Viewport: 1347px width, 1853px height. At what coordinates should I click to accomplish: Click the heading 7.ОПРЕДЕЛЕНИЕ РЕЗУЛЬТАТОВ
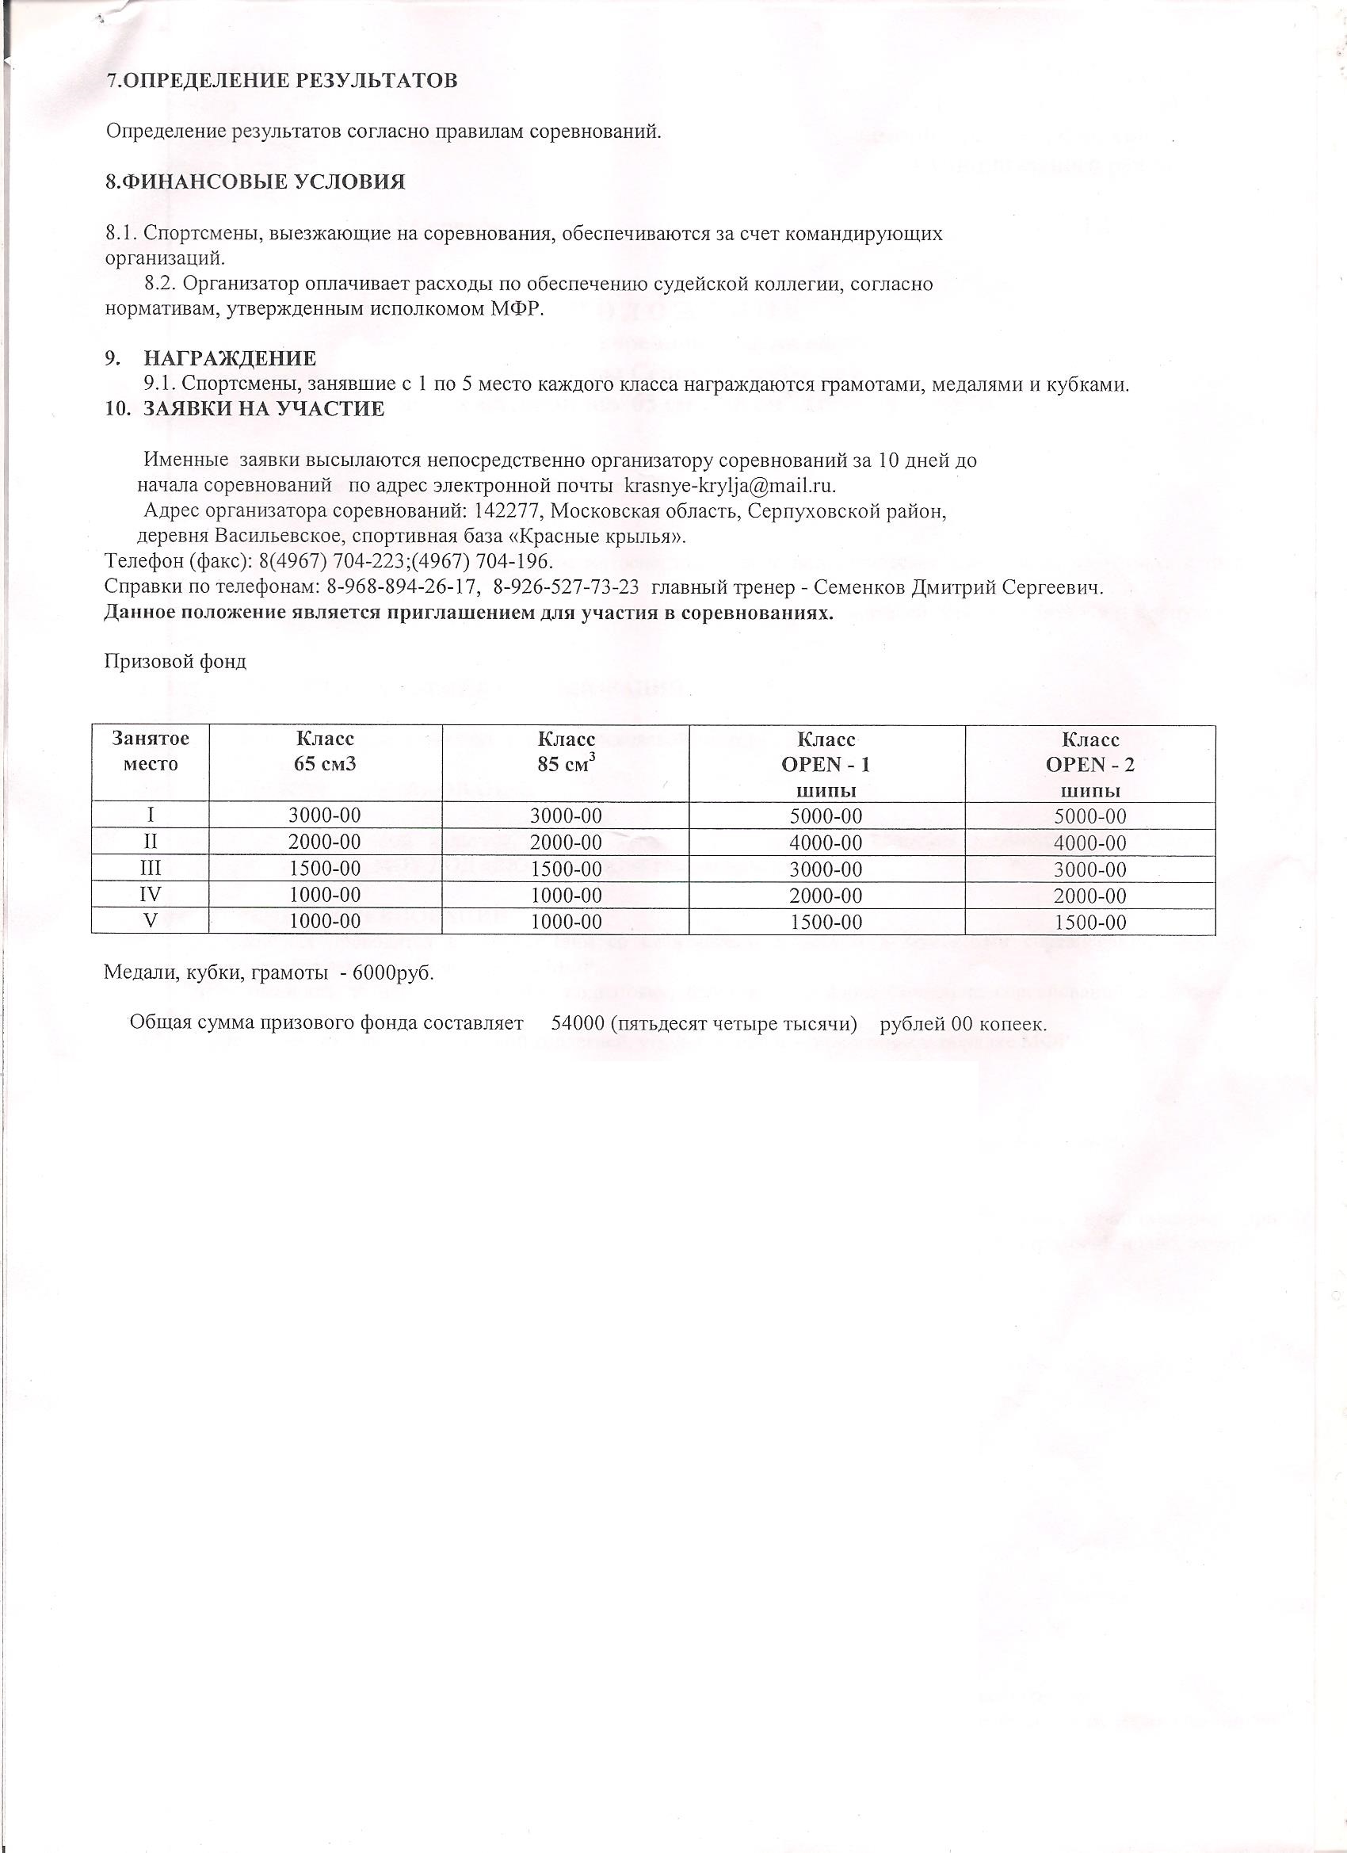[x=283, y=81]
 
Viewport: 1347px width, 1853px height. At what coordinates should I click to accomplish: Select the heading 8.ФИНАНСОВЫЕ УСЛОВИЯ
[x=255, y=182]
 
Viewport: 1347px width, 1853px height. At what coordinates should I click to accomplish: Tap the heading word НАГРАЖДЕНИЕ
[x=230, y=359]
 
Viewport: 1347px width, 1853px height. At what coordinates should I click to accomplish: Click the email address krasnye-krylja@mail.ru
[x=730, y=485]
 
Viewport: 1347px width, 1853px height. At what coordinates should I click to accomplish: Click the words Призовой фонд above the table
[x=176, y=661]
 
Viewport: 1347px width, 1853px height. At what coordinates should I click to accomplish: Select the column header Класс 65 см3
[x=325, y=751]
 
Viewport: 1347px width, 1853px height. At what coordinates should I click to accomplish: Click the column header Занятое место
[x=151, y=751]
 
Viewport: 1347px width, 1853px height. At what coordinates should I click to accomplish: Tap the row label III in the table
[x=151, y=869]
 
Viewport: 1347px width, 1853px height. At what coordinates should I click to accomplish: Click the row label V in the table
[x=151, y=921]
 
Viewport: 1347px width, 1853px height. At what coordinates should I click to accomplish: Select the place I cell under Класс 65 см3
[x=325, y=816]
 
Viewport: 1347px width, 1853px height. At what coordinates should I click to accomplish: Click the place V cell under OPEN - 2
[x=1089, y=923]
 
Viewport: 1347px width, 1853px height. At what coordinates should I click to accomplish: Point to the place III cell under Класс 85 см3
[x=566, y=869]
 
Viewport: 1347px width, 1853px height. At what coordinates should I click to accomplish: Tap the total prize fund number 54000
[x=577, y=1024]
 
